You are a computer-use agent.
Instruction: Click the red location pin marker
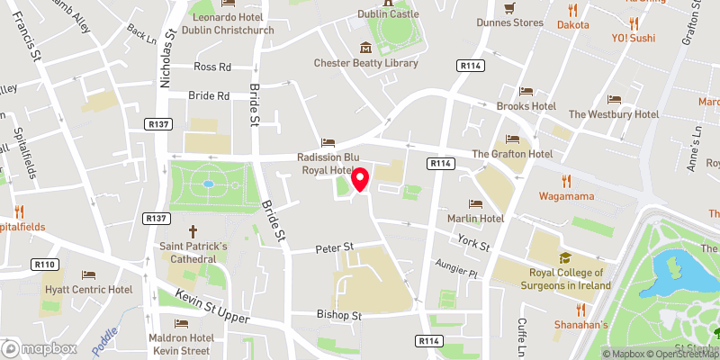click(x=360, y=178)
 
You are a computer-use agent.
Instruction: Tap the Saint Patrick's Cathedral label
click(x=193, y=252)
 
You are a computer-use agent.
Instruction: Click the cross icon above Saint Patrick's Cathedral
click(x=193, y=231)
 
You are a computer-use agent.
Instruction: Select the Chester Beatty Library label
click(x=365, y=63)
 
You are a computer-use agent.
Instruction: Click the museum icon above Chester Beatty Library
click(x=365, y=47)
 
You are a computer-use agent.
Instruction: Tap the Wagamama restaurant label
click(x=568, y=195)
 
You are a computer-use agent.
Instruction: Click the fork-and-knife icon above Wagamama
click(x=568, y=180)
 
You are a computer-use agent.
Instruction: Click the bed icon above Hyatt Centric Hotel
click(x=88, y=274)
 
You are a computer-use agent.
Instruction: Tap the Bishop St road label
click(x=338, y=316)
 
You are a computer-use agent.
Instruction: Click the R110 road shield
click(x=48, y=265)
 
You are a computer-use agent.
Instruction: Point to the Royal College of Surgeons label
click(x=570, y=279)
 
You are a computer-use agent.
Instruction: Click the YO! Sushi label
click(x=634, y=38)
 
